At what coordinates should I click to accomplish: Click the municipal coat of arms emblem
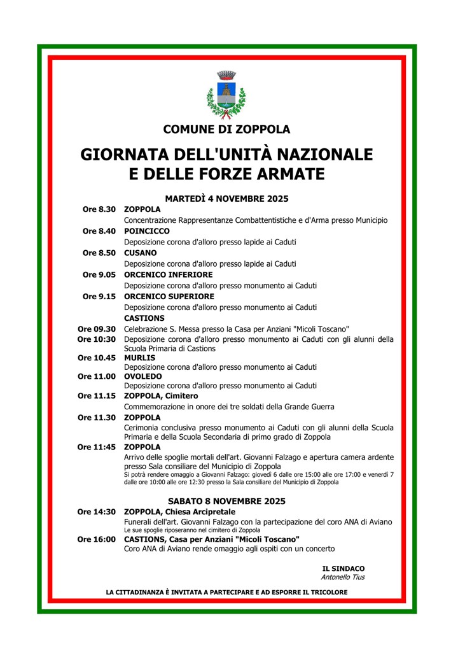click(226, 95)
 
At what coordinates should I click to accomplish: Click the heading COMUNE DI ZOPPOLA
click(226, 129)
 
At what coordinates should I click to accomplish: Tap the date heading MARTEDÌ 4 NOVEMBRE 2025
click(226, 199)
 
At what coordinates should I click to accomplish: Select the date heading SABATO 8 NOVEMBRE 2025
click(226, 501)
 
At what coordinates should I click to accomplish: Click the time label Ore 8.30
click(99, 209)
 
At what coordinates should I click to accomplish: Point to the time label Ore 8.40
click(99, 231)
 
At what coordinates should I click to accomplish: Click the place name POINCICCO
click(147, 231)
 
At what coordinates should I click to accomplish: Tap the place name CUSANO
click(141, 253)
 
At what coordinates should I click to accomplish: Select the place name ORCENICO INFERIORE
click(169, 274)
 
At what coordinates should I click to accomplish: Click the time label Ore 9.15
click(99, 297)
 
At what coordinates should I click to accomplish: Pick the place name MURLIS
click(140, 358)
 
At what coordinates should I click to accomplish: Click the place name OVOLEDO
click(143, 376)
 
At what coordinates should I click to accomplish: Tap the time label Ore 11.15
click(97, 396)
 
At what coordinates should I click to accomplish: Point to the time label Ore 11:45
click(97, 447)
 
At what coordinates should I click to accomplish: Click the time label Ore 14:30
click(97, 512)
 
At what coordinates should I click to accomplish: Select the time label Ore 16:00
click(97, 539)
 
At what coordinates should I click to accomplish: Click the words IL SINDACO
click(343, 568)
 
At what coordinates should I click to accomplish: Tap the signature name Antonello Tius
click(343, 577)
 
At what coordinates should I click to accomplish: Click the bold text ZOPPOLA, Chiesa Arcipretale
click(180, 512)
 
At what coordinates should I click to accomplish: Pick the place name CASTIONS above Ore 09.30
click(144, 318)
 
